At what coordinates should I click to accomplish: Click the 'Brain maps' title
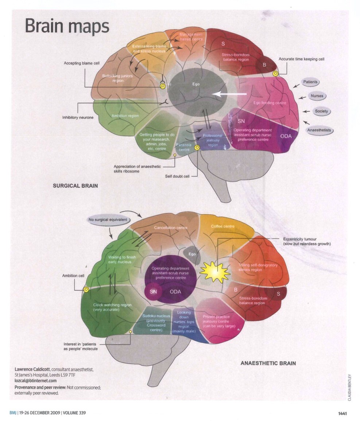(67, 26)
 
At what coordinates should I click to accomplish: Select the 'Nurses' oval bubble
(316, 96)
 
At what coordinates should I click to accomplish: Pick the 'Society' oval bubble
(321, 111)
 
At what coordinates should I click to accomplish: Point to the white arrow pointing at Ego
(229, 94)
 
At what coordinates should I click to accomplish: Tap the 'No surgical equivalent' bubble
(107, 220)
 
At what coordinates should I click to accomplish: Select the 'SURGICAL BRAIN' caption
(76, 186)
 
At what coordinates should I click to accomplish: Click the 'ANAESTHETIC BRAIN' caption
(268, 363)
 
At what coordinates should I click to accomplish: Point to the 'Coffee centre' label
(223, 227)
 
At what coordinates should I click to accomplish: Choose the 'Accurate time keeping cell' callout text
(301, 59)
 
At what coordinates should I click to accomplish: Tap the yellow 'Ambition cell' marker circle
(86, 289)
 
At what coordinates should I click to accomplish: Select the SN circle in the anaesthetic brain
(153, 292)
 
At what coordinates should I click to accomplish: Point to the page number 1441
(342, 413)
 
